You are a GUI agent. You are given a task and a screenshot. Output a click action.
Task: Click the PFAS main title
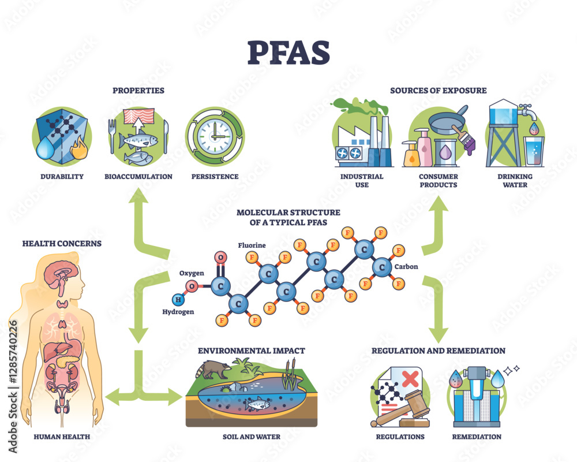click(x=288, y=54)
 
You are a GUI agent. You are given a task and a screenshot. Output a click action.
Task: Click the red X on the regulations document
click(x=410, y=379)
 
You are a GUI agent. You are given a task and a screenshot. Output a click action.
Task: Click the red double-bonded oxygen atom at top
click(x=220, y=257)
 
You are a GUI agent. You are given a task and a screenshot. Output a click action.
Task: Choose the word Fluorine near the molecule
click(x=252, y=245)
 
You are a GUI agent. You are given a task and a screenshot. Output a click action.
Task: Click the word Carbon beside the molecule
click(x=406, y=267)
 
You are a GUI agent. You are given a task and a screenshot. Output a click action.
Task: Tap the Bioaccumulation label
click(x=138, y=177)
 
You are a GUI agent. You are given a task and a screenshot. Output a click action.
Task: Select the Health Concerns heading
click(x=62, y=244)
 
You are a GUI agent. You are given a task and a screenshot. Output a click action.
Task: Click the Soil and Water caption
click(x=252, y=437)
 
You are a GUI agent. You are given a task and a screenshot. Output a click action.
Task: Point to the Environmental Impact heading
click(x=252, y=351)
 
